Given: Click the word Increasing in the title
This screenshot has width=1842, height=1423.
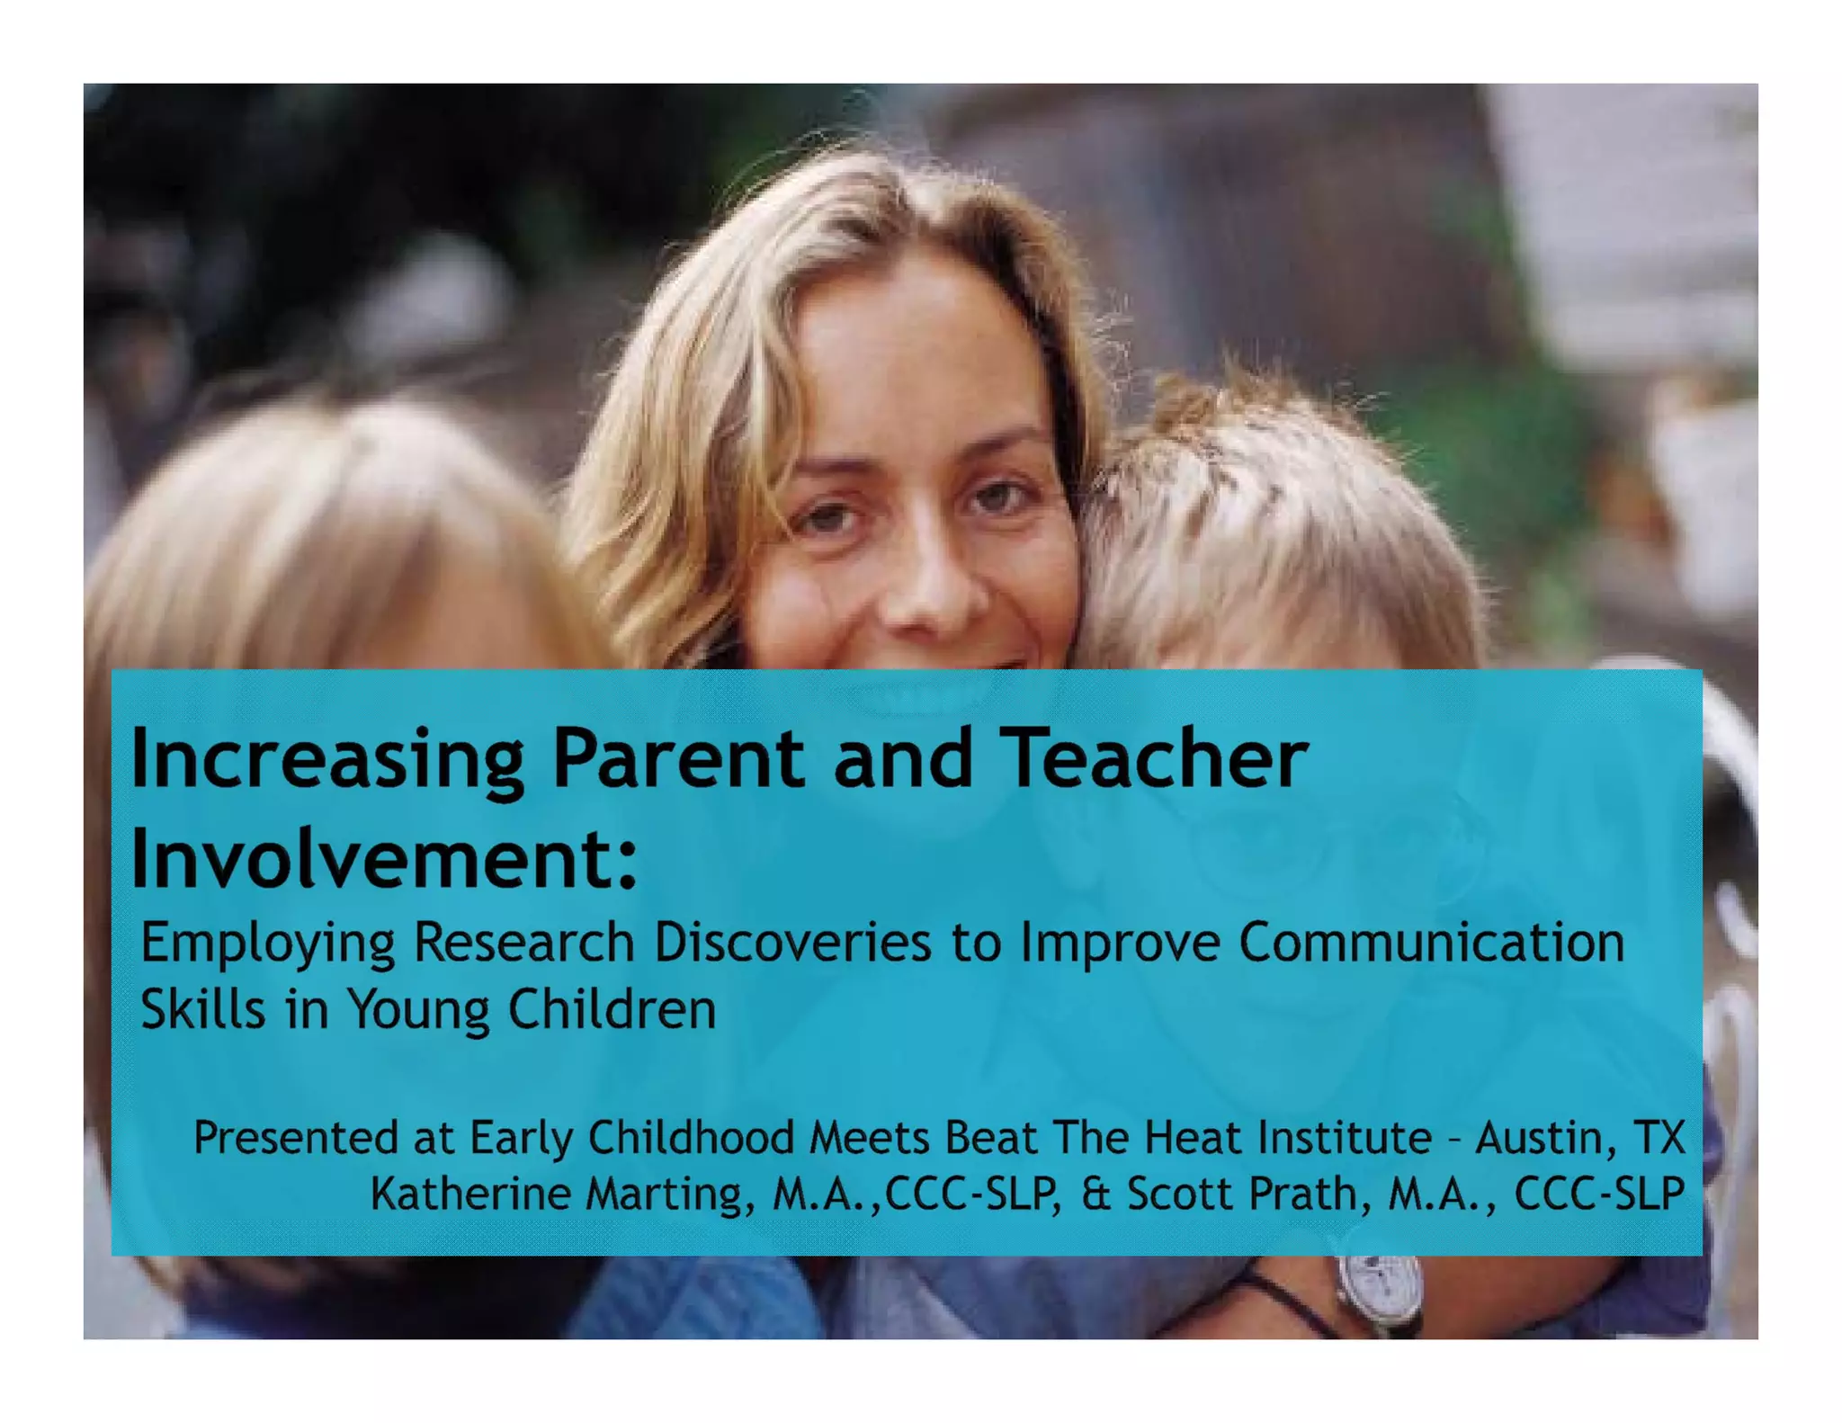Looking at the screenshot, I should pos(327,758).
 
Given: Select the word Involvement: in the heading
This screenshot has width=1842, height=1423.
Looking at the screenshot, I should pos(384,859).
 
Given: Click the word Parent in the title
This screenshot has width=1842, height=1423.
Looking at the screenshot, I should pos(678,758).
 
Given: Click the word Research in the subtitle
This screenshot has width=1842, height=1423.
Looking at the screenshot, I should pos(523,943).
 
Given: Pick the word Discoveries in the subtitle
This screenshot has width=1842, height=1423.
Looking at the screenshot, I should pos(792,943).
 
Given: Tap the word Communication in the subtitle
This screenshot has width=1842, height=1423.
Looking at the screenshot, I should pos(1431,943).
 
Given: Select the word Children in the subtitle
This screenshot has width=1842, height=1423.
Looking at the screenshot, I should pos(612,1008).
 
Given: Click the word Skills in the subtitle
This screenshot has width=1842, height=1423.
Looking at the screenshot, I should pos(203,1008).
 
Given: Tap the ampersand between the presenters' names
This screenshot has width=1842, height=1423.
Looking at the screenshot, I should pos(1095,1194).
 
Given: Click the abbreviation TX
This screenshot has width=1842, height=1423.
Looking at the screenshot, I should pos(1659,1137).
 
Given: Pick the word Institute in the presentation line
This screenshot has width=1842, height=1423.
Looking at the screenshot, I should pos(1345,1137).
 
